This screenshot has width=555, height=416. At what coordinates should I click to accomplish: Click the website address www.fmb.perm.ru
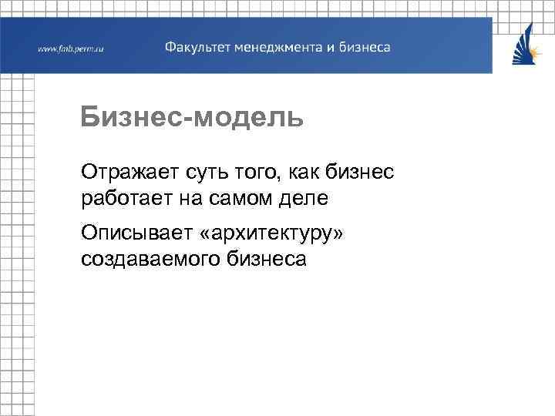(x=70, y=49)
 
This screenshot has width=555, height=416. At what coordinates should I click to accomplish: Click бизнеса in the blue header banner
(x=365, y=47)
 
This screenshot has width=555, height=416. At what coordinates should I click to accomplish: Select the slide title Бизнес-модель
(x=192, y=118)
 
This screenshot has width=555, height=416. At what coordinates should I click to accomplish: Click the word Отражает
(x=129, y=171)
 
